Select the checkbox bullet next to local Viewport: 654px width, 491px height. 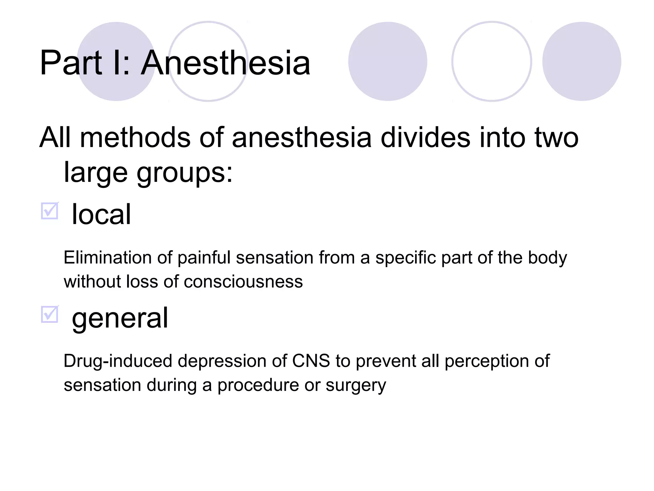[x=50, y=211]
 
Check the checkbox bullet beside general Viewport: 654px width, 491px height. [x=50, y=315]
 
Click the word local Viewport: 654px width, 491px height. [x=101, y=214]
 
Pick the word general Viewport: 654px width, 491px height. [x=120, y=318]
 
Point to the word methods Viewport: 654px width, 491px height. [x=135, y=137]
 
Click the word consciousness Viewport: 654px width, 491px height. [x=243, y=282]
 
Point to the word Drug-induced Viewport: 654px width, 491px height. [x=118, y=361]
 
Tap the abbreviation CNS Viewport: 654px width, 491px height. [x=311, y=361]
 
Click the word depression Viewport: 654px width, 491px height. [x=222, y=361]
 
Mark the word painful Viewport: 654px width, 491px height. [x=204, y=258]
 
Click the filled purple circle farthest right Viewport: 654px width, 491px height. [x=582, y=61]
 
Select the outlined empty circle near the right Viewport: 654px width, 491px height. [x=491, y=61]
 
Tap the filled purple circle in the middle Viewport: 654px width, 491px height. [x=388, y=61]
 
